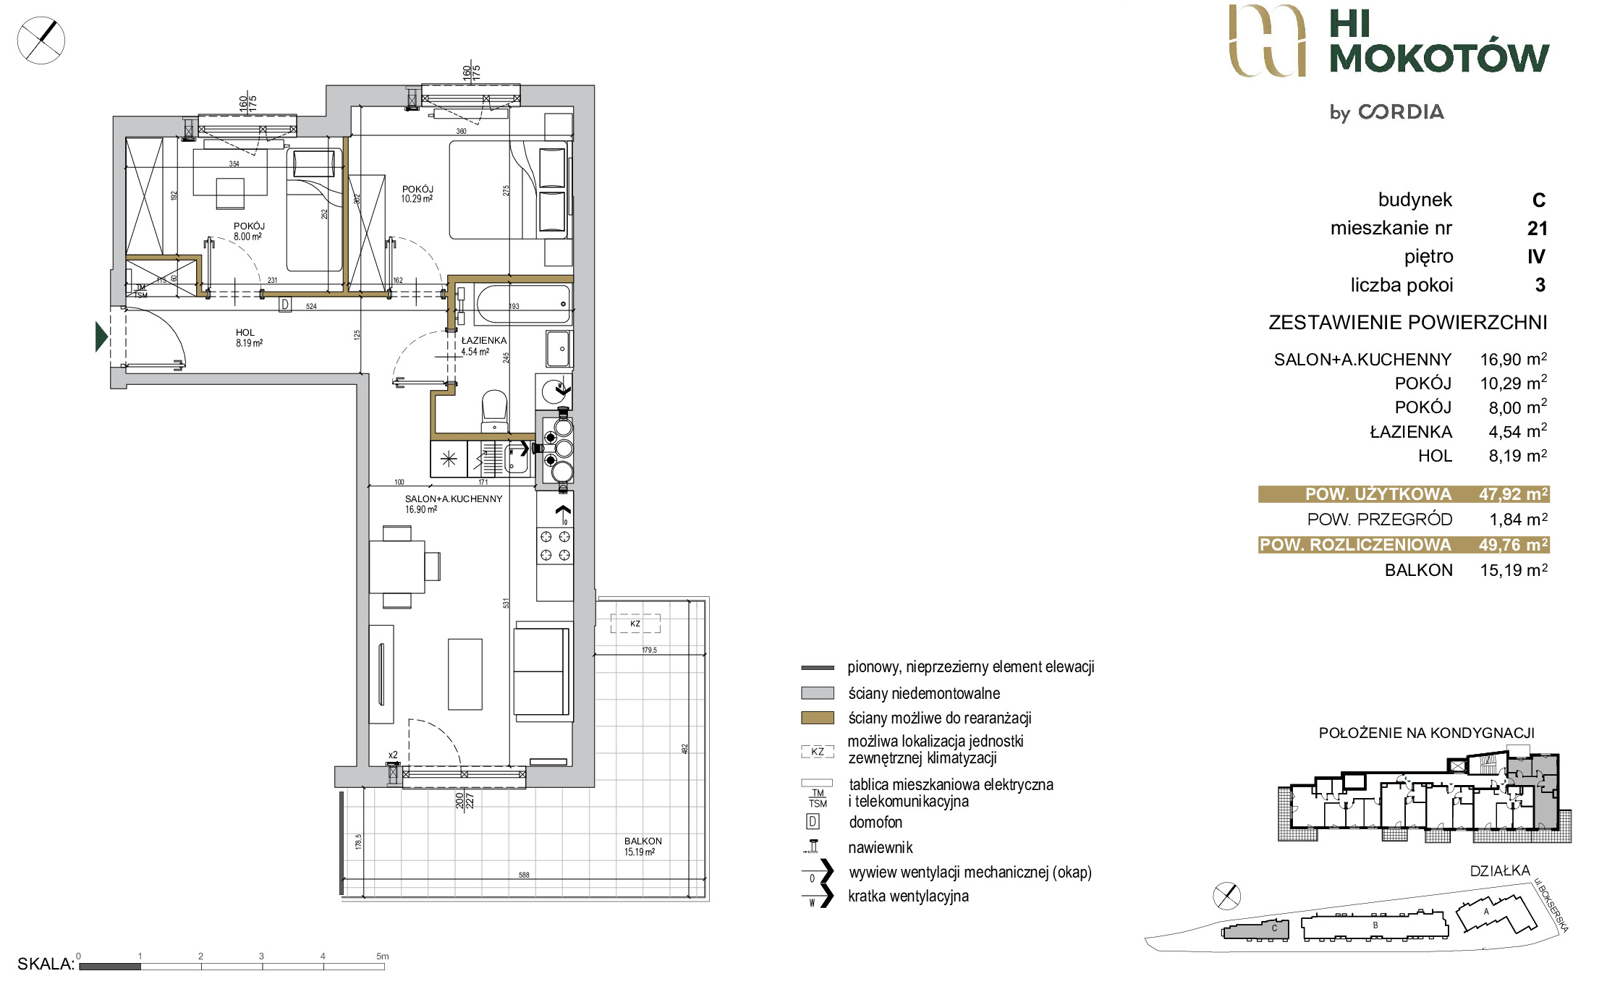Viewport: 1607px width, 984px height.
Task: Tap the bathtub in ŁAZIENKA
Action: tap(522, 304)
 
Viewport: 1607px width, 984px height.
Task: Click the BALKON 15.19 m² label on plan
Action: tap(643, 847)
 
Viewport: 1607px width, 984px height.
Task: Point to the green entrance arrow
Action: tap(101, 336)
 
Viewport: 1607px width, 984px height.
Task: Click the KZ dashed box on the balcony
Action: tap(635, 624)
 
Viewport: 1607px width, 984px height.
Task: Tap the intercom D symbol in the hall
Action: tap(285, 305)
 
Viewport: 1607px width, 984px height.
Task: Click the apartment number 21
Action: tap(1537, 229)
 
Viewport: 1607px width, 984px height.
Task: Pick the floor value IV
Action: tap(1536, 257)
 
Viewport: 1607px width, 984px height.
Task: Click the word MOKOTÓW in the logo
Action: tap(1439, 58)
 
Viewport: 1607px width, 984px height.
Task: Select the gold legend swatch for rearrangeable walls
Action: tap(818, 718)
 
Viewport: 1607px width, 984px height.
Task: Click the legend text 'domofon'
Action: tap(875, 822)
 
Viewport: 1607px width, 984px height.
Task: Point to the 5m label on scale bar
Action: tap(382, 956)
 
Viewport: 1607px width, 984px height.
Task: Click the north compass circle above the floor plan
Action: tap(41, 40)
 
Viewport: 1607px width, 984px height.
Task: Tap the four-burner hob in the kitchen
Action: tap(555, 546)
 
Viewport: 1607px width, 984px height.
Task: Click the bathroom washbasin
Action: tap(558, 349)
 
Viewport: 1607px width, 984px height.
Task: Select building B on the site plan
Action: tap(1374, 927)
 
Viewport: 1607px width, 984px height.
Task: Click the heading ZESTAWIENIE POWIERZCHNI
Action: tap(1407, 322)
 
